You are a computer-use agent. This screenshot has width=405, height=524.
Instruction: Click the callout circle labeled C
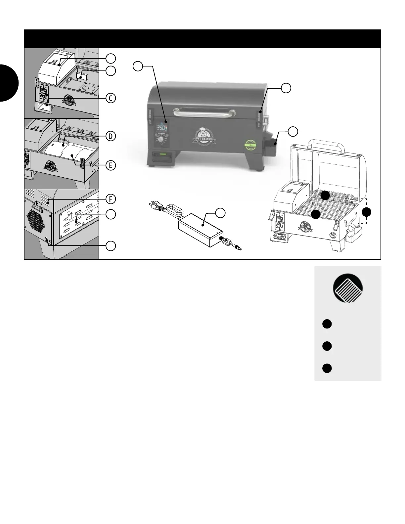coord(111,98)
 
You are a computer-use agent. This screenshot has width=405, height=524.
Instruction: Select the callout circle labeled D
coord(111,136)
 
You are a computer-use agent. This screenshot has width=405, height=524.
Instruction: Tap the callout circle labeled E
coord(111,165)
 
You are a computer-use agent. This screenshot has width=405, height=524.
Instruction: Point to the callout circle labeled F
coord(111,199)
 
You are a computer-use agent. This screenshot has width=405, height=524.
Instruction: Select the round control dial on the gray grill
coord(161,140)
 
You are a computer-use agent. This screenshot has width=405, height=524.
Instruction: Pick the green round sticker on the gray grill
coord(251,145)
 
